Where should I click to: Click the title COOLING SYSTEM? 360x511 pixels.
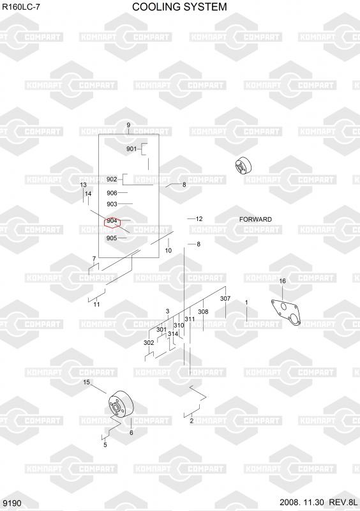click(179, 7)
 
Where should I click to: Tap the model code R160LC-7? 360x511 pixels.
click(21, 7)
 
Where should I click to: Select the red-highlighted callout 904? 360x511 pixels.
click(112, 221)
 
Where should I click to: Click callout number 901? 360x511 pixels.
click(131, 149)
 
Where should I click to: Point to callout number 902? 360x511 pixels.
click(112, 179)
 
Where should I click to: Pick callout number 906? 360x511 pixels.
click(112, 193)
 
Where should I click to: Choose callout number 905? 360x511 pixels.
click(112, 238)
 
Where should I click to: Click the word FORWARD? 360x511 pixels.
click(255, 219)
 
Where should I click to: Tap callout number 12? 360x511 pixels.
click(199, 218)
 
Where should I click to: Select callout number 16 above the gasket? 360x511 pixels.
click(283, 281)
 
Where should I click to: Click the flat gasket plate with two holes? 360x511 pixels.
click(286, 313)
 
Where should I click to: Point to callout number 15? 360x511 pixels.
click(86, 382)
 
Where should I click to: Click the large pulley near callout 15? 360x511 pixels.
click(121, 404)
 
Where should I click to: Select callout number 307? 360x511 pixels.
click(225, 298)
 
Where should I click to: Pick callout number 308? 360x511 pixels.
click(203, 312)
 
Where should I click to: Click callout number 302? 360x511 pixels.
click(149, 343)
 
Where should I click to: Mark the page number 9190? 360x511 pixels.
click(12, 503)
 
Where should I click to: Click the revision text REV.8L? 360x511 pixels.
click(343, 502)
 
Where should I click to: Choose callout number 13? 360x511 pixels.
click(84, 185)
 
